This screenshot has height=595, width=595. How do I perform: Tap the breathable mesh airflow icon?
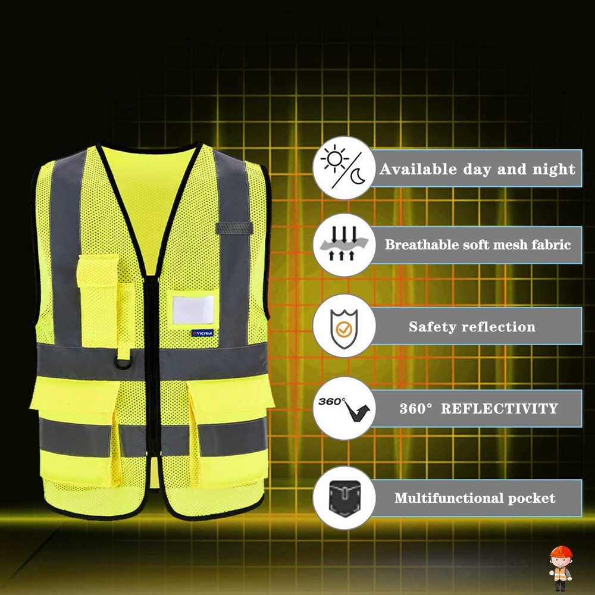343,245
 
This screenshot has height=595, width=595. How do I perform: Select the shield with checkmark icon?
343,326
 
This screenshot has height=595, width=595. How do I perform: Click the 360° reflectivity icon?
343,408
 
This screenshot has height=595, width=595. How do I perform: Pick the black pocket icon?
343,498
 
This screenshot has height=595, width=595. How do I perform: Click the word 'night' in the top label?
553,169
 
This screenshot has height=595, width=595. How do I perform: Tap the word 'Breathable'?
422,245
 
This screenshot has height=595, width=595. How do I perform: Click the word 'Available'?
419,169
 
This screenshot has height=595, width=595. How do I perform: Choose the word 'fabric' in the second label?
550,245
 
